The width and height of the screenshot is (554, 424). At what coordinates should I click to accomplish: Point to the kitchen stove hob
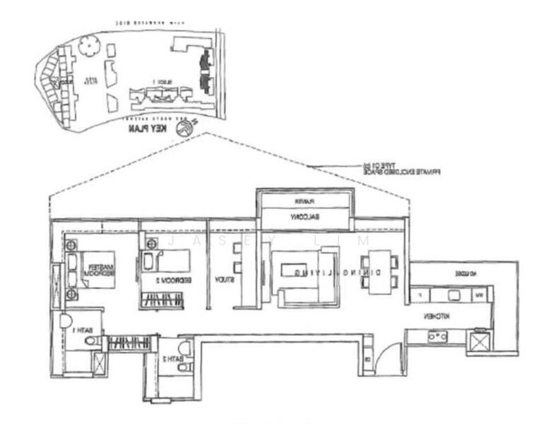pos(437,336)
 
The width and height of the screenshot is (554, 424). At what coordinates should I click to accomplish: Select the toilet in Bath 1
pos(90,341)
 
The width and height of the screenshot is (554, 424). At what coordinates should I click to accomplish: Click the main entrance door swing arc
pos(387,360)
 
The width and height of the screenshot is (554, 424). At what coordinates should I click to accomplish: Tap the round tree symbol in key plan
pos(89,46)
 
